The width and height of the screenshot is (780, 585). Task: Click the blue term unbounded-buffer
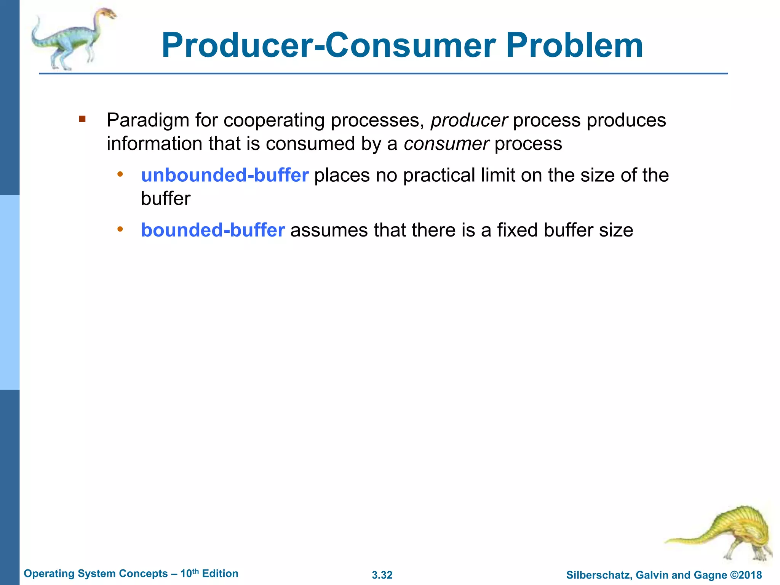[225, 176]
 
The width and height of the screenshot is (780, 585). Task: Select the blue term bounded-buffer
[213, 230]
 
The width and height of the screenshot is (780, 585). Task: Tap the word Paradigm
[148, 121]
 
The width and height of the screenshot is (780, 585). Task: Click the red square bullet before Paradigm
[82, 119]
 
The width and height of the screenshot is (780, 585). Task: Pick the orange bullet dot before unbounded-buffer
[120, 174]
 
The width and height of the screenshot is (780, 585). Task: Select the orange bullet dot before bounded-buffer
[120, 229]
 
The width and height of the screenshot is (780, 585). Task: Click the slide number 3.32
[382, 575]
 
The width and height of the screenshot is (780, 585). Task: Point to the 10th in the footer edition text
[189, 573]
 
